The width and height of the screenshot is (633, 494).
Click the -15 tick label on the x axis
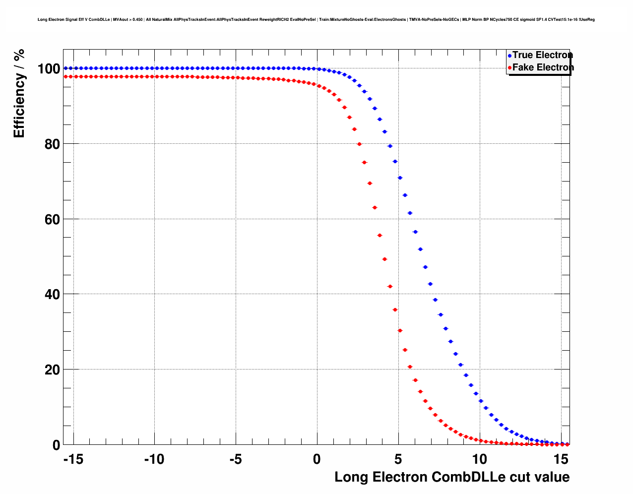coord(73,460)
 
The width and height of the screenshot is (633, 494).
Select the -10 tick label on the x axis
coord(154,460)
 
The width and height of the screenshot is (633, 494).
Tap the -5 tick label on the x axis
coord(236,460)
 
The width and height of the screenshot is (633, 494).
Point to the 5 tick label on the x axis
coord(398,460)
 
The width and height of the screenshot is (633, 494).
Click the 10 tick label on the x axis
coord(480,460)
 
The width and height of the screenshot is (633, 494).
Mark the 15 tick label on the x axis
coord(561,460)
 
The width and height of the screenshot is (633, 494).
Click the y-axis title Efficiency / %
coord(19,93)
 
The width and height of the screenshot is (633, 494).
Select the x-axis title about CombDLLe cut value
coord(452,477)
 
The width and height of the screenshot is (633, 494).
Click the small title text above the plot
coord(316,20)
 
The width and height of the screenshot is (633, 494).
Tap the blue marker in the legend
coord(509,56)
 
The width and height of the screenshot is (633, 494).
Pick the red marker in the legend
coord(509,68)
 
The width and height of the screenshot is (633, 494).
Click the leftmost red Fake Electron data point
coord(65,76)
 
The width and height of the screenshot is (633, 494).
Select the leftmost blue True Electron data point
coord(65,68)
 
